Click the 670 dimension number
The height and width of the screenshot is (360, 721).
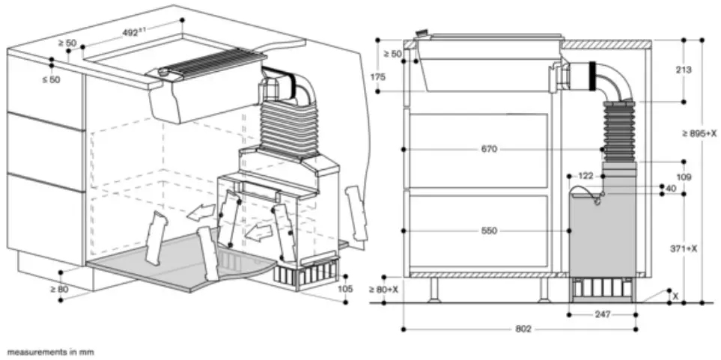pyautogui.click(x=489, y=150)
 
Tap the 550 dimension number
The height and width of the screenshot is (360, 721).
pyautogui.click(x=489, y=231)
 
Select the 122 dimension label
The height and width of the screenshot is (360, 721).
pyautogui.click(x=585, y=176)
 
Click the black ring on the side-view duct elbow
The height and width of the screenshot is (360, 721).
pyautogui.click(x=596, y=76)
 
